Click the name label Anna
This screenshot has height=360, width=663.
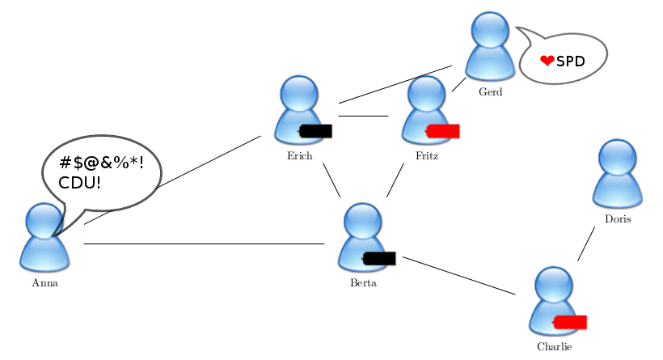pos(44,283)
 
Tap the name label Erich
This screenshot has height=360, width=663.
pos(299,156)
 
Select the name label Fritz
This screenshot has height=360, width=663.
pos(427,155)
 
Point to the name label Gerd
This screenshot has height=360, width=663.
pos(490,91)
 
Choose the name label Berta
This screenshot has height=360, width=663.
pos(363,283)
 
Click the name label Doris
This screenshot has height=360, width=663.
pos(617,219)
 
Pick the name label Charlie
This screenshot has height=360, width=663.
pos(555,347)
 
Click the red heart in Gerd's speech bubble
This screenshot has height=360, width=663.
pos(547,60)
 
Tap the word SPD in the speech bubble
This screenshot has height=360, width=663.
pos(570,61)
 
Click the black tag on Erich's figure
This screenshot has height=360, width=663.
pos(316,130)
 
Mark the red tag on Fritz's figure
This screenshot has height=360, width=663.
pos(443,130)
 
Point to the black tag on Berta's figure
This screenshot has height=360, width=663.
pos(379,258)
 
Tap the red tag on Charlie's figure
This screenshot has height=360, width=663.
pos(570,322)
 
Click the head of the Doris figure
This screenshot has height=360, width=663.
pos(618,157)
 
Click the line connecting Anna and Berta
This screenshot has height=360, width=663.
pos(202,244)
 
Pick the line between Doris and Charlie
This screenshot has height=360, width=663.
pos(586,243)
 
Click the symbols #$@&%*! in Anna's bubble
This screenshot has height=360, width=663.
pos(101,162)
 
